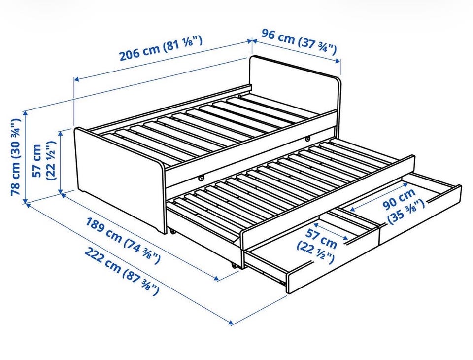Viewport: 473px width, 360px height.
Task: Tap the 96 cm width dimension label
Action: coord(299,42)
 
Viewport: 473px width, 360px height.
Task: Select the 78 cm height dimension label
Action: coord(15,157)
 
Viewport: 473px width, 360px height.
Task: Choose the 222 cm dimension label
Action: coord(121,271)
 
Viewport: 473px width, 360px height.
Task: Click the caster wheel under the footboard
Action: coord(172,232)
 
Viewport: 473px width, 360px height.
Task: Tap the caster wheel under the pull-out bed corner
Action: coord(234,265)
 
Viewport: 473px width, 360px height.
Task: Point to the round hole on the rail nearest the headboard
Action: coord(307,139)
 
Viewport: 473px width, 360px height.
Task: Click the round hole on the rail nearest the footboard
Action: coord(201,179)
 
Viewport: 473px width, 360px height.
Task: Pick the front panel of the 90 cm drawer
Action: coord(420,214)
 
